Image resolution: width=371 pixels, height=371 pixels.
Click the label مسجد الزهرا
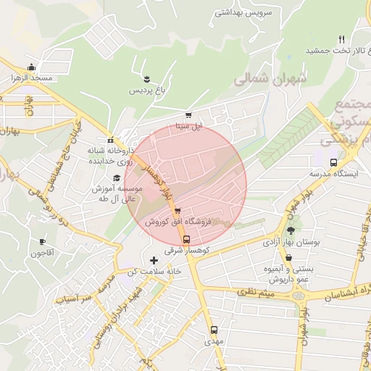[x=30, y=77]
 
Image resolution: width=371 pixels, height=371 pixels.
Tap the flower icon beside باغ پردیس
[x=147, y=78]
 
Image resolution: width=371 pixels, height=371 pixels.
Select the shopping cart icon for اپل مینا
[x=188, y=114]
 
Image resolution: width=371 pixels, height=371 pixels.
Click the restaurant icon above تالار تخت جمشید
[x=342, y=39]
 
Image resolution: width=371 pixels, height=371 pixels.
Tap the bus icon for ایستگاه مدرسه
[x=333, y=162]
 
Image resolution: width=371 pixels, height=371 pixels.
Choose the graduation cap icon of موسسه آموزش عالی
[x=115, y=178]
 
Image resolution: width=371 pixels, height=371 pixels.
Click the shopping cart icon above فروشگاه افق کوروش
[x=178, y=211]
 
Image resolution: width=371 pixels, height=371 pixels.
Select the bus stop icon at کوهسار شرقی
[x=187, y=239]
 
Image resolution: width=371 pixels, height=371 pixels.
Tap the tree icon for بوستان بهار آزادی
[x=291, y=230]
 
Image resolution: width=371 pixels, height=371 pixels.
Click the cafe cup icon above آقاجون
[x=43, y=241]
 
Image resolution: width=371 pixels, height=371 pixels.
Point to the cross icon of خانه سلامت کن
[x=153, y=260]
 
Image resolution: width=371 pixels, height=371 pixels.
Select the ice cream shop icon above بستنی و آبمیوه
[x=288, y=257]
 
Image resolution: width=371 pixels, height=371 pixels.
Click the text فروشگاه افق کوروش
[x=178, y=222]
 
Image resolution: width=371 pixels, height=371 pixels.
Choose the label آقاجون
[x=43, y=253]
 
